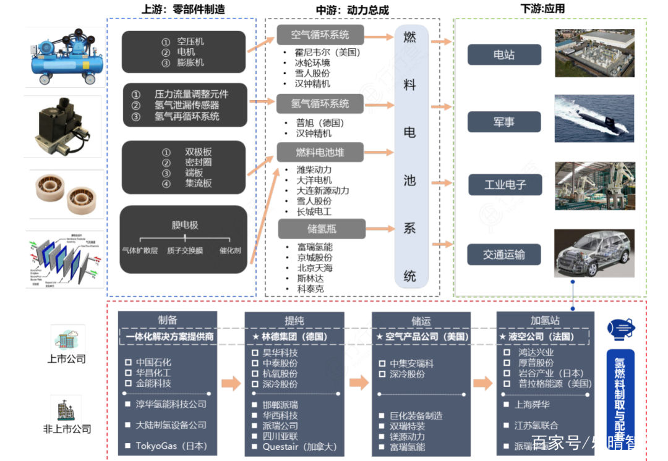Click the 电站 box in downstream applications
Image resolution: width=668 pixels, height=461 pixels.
tap(504, 55)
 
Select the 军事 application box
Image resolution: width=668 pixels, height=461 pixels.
tap(504, 122)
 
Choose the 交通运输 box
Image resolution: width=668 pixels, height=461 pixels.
tap(504, 255)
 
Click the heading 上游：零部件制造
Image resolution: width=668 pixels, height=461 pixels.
tap(183, 9)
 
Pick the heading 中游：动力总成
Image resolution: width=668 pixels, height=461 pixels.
tap(353, 10)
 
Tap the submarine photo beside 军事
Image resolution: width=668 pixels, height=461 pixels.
tap(594, 118)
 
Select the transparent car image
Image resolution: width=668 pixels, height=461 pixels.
tap(594, 255)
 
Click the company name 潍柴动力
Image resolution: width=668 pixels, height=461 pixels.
tap(314, 170)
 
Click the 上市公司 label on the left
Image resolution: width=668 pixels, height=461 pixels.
tap(66, 359)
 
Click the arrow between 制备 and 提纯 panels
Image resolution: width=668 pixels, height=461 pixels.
tap(231, 383)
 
